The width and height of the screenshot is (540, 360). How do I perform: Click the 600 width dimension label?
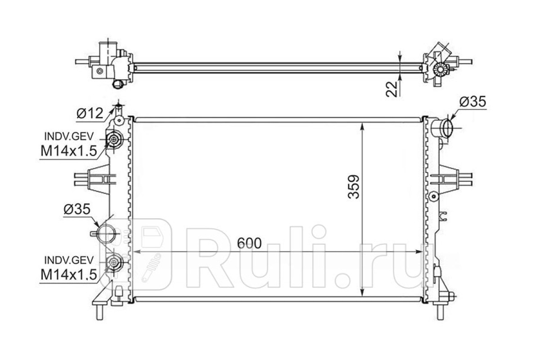pyautogui.click(x=249, y=243)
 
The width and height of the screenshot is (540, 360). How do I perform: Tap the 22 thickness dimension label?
pyautogui.click(x=391, y=89)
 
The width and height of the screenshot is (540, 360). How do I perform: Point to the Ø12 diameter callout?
pyautogui.click(x=90, y=113)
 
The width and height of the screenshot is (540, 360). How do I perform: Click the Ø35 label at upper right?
pyautogui.click(x=472, y=102)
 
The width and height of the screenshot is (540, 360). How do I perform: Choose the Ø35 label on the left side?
pyautogui.click(x=77, y=209)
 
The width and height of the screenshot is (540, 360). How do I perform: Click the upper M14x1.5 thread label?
pyautogui.click(x=69, y=151)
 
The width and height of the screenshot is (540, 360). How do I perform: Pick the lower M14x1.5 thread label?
pyautogui.click(x=69, y=274)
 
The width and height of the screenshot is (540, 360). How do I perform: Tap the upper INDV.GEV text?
pyautogui.click(x=69, y=137)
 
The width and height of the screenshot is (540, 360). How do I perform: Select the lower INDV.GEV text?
pyautogui.click(x=69, y=260)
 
